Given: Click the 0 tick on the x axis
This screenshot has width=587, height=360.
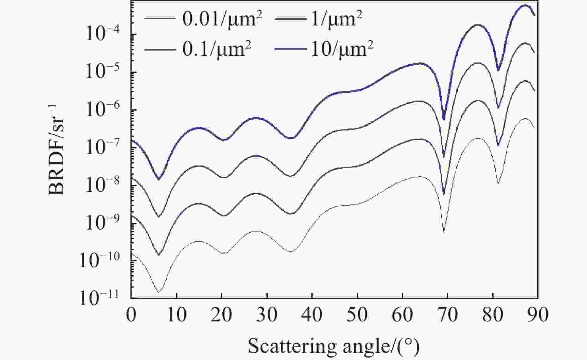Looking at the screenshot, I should coord(131,315).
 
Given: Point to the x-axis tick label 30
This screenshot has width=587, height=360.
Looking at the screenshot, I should coord(266,315).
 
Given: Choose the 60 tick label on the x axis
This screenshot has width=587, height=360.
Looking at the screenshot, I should coord(402,315).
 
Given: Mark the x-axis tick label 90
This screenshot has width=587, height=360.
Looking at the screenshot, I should coord(538,315).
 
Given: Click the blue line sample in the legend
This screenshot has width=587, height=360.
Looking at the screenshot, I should coord(290,49).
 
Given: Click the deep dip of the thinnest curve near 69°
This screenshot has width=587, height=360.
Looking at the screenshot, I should coord(444,232).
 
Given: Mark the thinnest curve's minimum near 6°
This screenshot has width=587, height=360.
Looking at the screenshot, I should coord(158,292).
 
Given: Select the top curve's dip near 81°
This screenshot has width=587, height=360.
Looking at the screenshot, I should coord(498,71).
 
